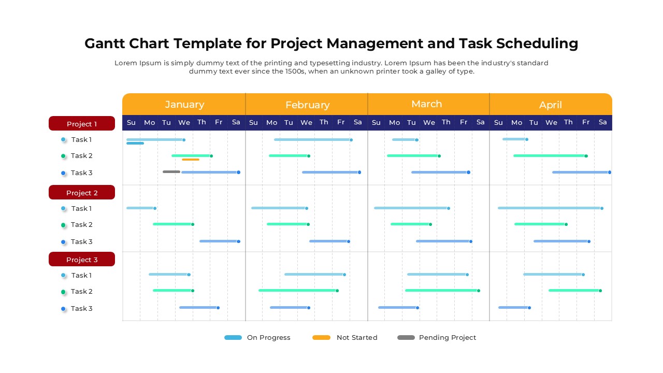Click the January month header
click(184, 104)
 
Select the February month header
click(307, 105)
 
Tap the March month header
click(426, 104)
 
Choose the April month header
click(550, 105)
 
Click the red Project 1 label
click(82, 124)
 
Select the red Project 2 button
click(82, 193)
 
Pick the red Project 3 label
click(82, 260)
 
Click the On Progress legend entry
click(257, 338)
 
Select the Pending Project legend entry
click(436, 338)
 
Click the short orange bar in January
click(191, 160)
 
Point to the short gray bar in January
click(171, 171)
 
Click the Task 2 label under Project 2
click(81, 225)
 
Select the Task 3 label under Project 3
click(81, 309)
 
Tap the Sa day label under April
click(602, 122)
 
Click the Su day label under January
click(131, 122)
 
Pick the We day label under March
click(429, 122)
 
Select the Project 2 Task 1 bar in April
click(549, 208)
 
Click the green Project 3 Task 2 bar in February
click(298, 291)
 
